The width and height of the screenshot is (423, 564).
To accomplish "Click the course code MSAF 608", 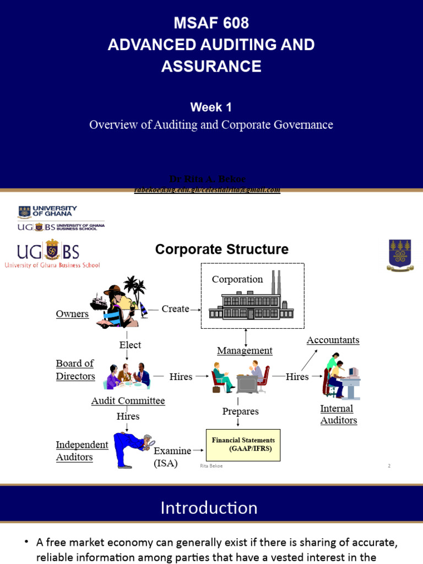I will pos(211,23).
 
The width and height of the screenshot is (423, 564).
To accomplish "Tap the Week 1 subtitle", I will pos(211,107).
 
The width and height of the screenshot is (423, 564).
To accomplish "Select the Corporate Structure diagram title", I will pos(221,250).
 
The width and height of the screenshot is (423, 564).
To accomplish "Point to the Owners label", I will pos(72,314).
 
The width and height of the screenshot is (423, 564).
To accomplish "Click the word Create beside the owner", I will pos(175,309).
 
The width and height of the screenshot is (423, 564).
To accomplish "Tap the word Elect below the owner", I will pos(130,345).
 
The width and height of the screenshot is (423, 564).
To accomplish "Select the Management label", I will pos(245,351).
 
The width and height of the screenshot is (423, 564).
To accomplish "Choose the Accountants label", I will pos(333,340).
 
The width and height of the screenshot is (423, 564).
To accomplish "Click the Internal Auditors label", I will pos(338,414).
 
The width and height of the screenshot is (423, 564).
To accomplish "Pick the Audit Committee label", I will pos(128,401).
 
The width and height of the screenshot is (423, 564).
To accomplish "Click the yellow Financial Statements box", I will pos(243,445).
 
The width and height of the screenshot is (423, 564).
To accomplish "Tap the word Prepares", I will pos(240,411).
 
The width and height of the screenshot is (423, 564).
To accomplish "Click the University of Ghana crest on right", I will pos(400,254).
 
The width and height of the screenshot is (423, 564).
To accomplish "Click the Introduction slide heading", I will pos(209,507).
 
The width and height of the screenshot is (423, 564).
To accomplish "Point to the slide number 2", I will pos(389,466).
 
